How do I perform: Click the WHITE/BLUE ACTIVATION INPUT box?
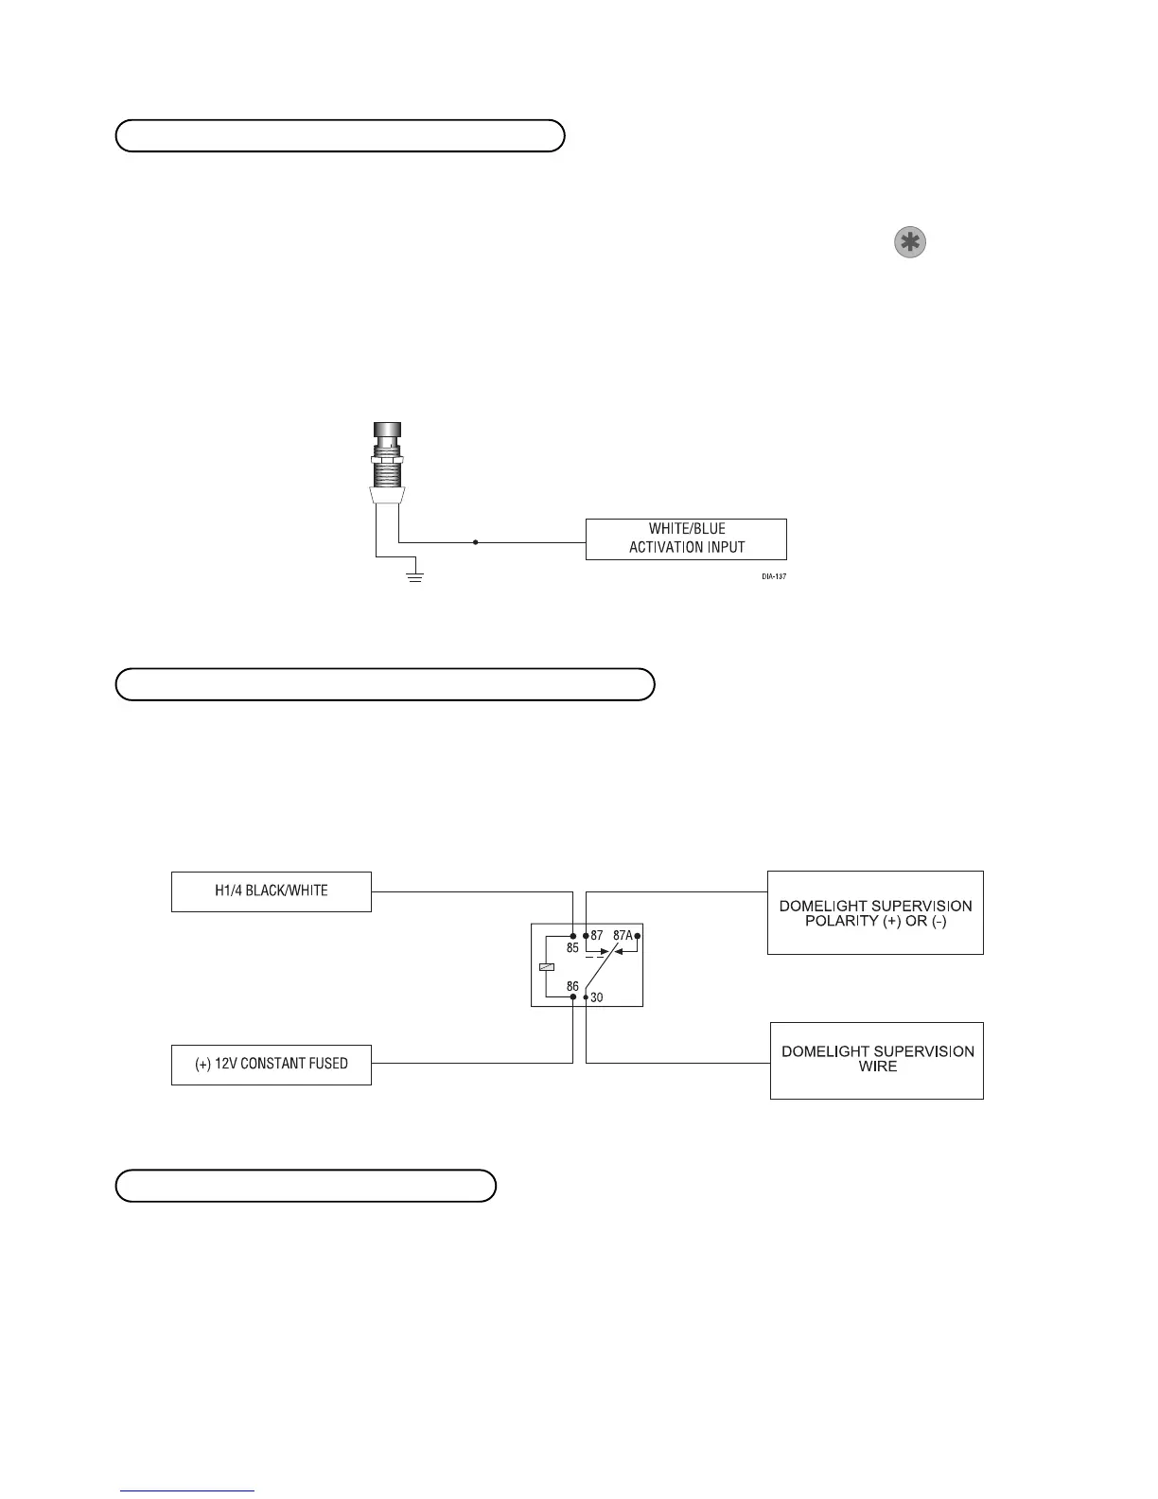tap(686, 538)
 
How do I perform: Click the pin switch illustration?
tap(388, 464)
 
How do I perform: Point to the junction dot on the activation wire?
tap(475, 542)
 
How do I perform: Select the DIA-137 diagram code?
tap(774, 576)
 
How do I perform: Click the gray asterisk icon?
tap(909, 243)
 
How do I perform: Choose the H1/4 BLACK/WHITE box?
tap(272, 891)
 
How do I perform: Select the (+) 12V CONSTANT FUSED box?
tap(272, 1064)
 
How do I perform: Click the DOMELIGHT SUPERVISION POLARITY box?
tap(875, 912)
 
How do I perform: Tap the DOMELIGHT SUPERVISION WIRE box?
tap(877, 1059)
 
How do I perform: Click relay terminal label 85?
tap(572, 947)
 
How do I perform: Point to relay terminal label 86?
tap(572, 986)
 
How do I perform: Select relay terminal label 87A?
tap(623, 935)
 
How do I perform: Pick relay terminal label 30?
tap(597, 997)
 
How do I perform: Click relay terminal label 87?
tap(597, 935)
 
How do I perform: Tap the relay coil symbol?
tap(546, 966)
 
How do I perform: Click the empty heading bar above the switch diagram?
tap(340, 136)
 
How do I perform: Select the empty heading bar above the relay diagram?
tap(385, 684)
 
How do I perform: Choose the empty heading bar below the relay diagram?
tap(306, 1186)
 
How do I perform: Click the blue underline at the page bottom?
tap(187, 1490)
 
